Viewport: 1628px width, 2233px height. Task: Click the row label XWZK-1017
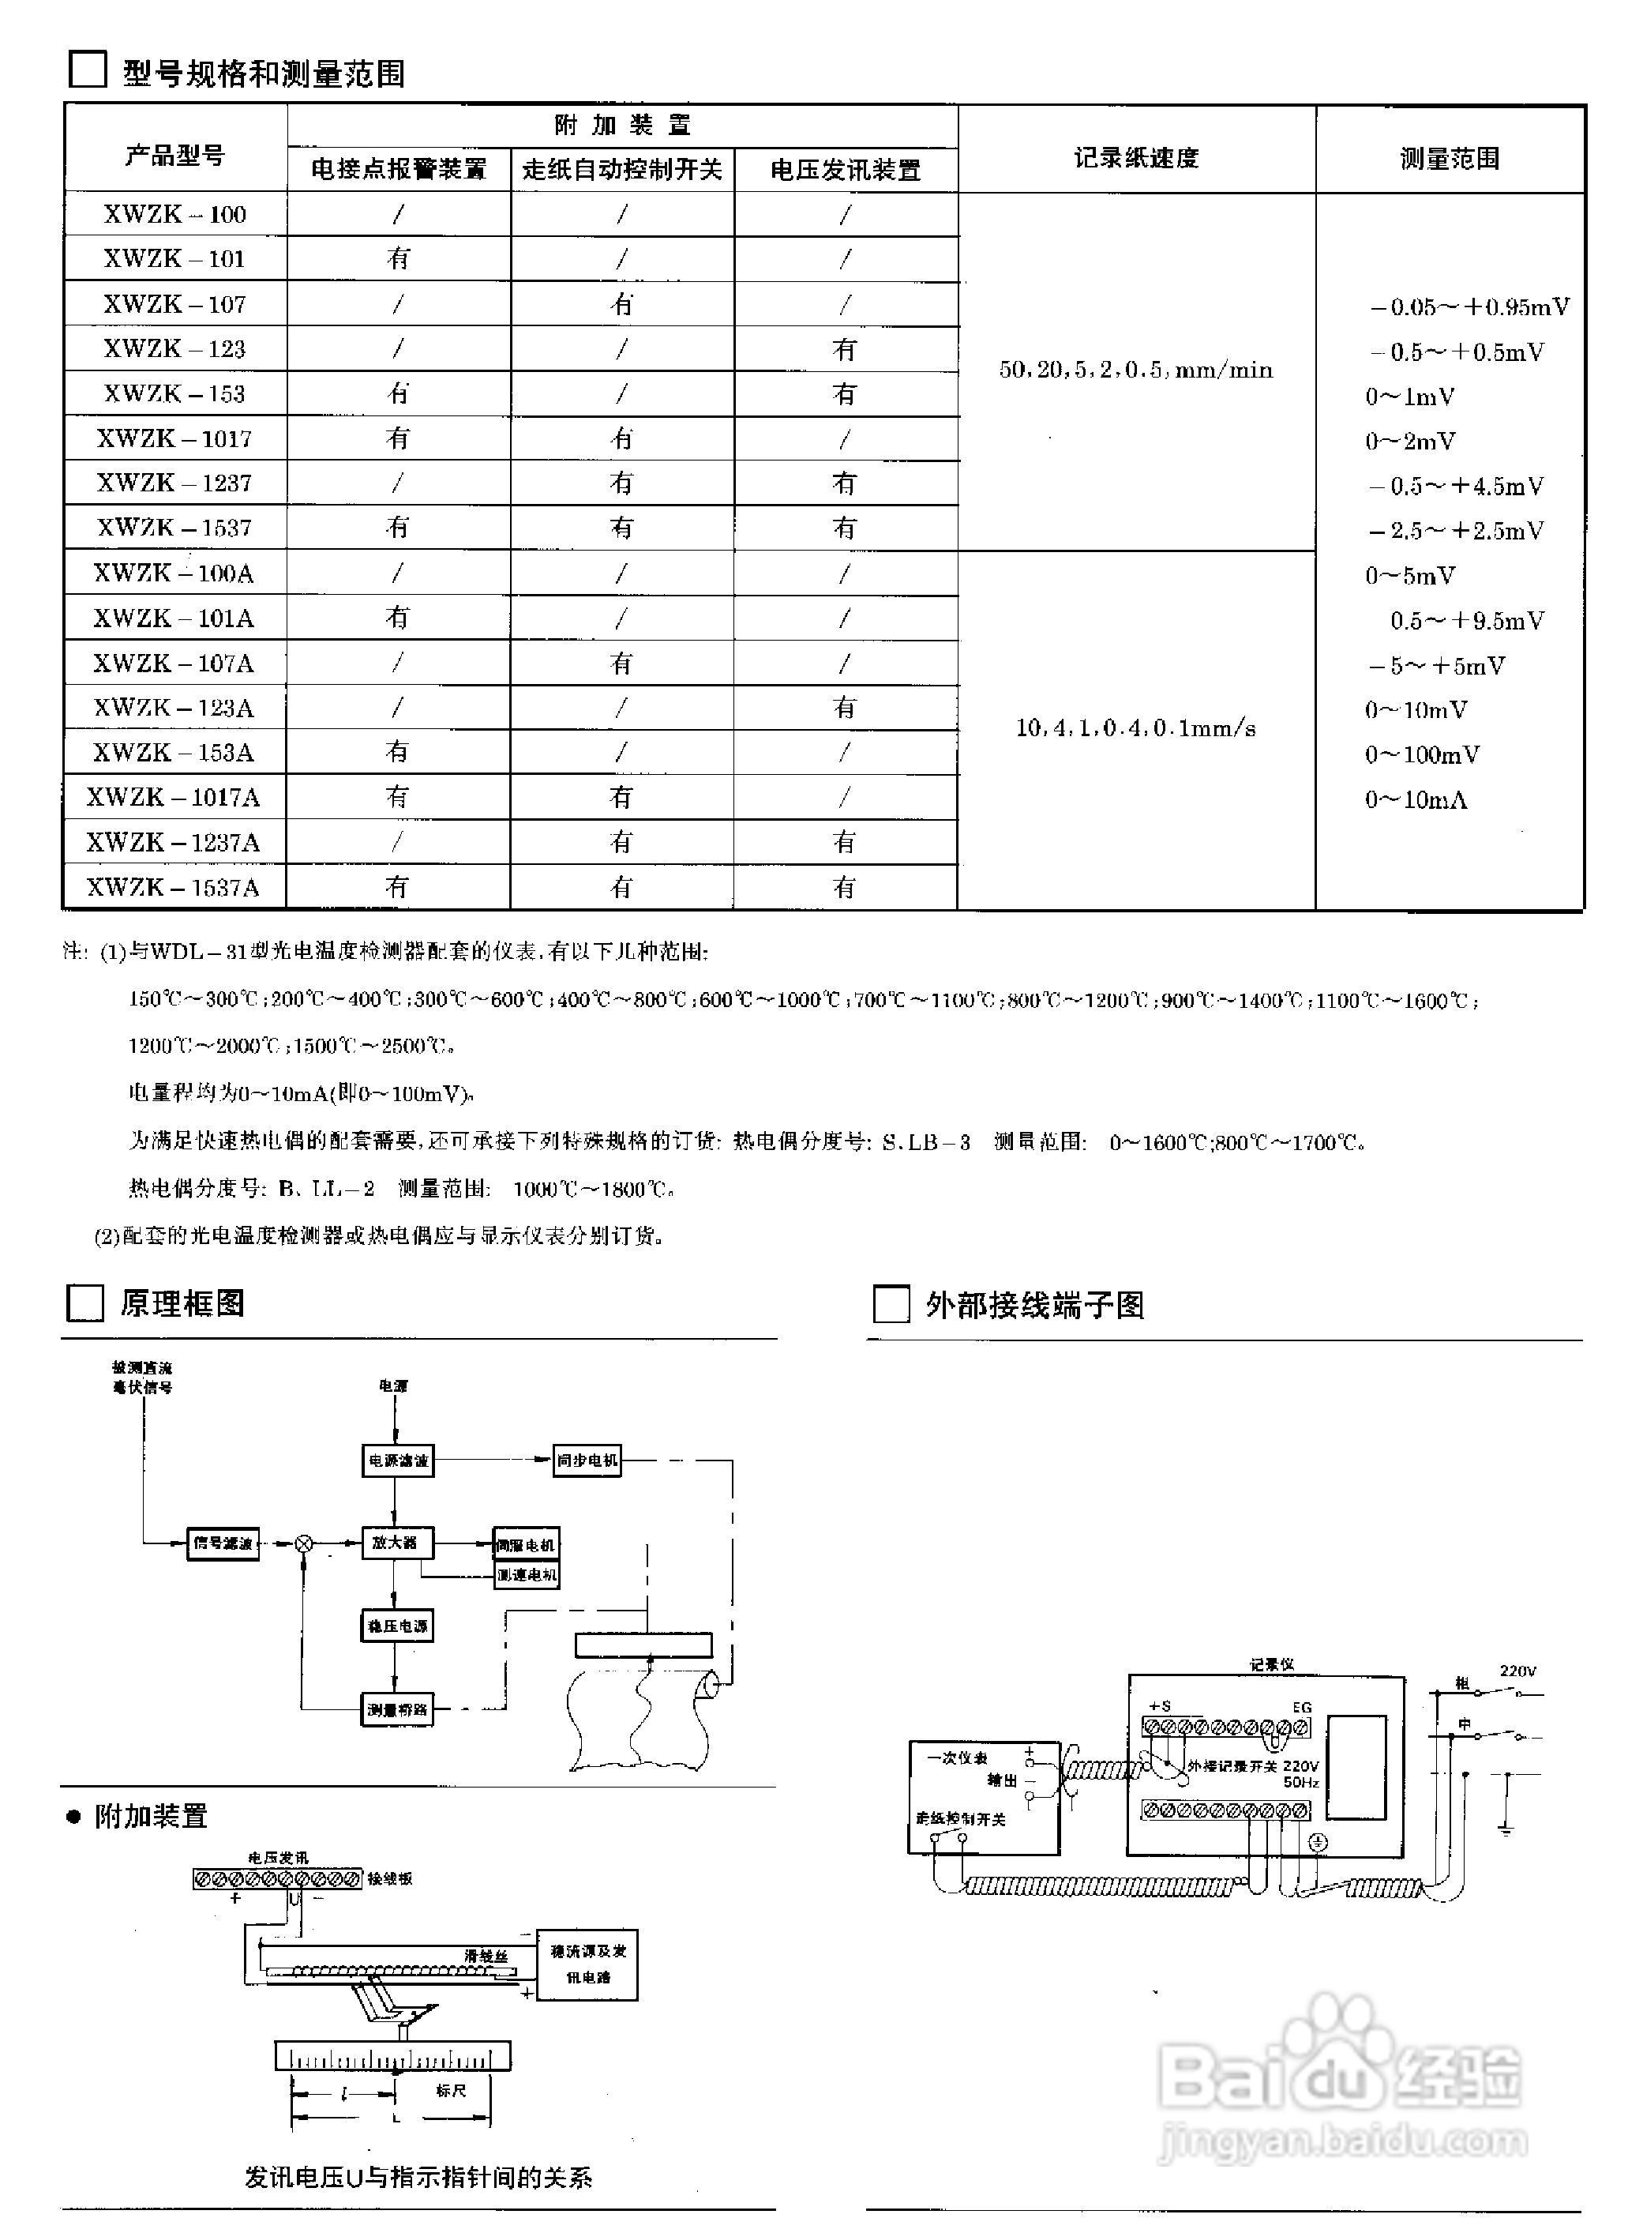tap(174, 438)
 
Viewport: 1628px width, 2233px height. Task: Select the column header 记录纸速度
tap(1135, 158)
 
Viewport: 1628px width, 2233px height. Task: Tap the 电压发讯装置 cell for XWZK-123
tap(845, 349)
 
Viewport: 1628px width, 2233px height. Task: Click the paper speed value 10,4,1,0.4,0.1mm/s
tap(1135, 728)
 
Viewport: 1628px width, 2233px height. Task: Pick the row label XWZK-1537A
tap(174, 887)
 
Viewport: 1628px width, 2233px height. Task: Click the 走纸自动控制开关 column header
tap(622, 170)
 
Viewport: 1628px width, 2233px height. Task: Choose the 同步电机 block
tap(587, 1460)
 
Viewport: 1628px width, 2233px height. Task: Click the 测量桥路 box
tap(397, 1709)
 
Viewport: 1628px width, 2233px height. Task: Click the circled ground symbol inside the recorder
tap(1318, 1843)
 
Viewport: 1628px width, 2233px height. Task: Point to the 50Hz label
tap(1301, 1783)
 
